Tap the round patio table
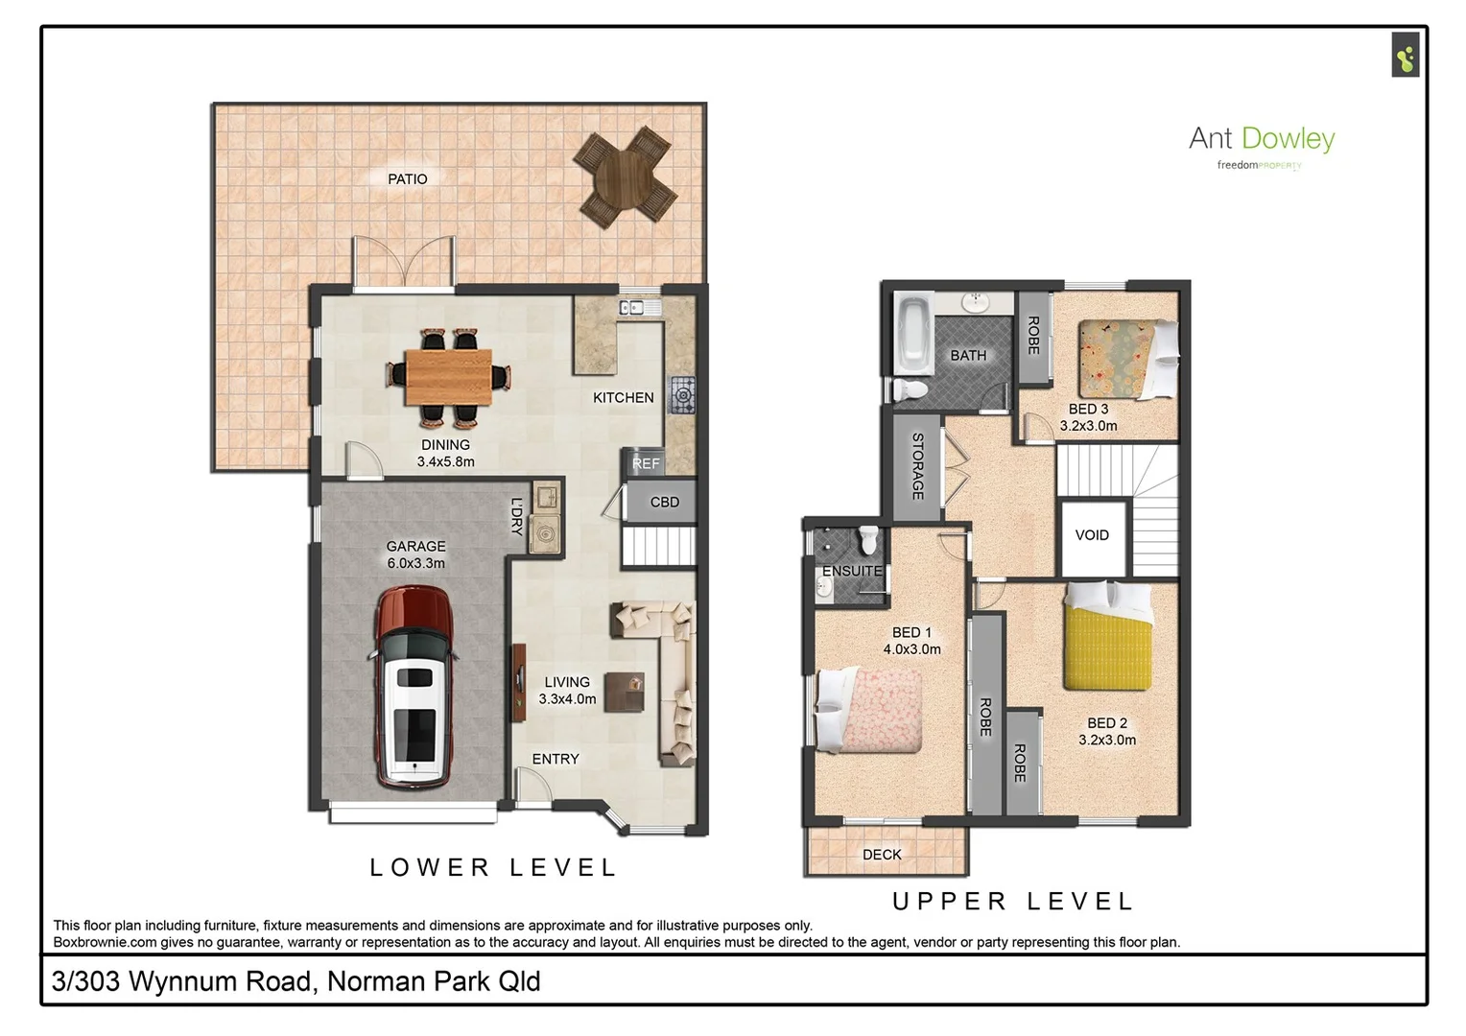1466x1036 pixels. [x=625, y=177]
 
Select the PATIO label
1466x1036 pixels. [x=407, y=179]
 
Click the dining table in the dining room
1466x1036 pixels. [x=448, y=377]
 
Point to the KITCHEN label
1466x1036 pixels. [x=623, y=397]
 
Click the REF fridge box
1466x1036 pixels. [x=646, y=462]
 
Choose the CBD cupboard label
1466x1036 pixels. [x=664, y=502]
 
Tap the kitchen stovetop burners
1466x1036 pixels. [x=682, y=394]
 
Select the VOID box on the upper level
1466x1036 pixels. [x=1092, y=535]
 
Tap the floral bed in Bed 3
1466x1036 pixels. [x=1123, y=359]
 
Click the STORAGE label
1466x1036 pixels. [x=917, y=466]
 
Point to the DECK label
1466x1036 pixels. [x=882, y=854]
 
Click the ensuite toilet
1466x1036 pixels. [x=868, y=540]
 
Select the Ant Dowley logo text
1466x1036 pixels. [x=1261, y=139]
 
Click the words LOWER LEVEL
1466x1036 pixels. [x=494, y=867]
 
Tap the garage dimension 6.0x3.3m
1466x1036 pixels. [x=415, y=563]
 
